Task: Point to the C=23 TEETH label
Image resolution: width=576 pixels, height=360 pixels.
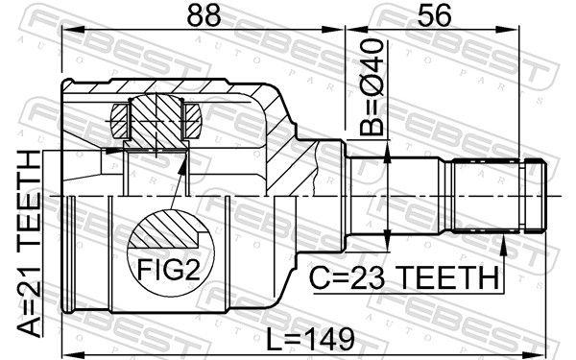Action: coord(404,278)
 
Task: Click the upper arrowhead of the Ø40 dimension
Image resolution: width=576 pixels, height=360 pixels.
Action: coord(385,154)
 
